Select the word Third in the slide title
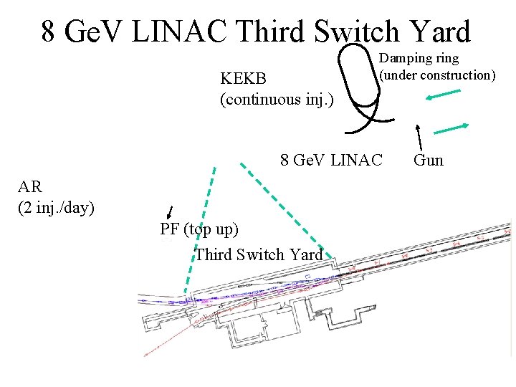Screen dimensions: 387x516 tap(269, 32)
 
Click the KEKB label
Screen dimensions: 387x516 tap(243, 77)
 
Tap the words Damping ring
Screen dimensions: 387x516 tap(419, 57)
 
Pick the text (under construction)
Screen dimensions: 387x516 tap(437, 75)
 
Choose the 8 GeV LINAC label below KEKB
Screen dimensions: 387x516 tap(333, 159)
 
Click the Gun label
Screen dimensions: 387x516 tap(429, 160)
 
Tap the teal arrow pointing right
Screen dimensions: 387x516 tap(451, 128)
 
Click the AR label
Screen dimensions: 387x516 tap(30, 188)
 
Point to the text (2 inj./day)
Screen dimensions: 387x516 tap(56, 209)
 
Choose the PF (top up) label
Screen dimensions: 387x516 tap(199, 229)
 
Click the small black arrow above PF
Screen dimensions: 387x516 tap(170, 211)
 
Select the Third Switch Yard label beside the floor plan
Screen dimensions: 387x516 tap(259, 254)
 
